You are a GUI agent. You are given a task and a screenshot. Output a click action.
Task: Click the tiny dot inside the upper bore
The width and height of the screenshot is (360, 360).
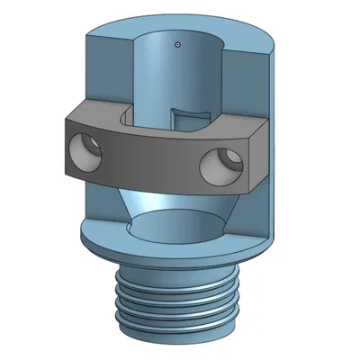pos(178,42)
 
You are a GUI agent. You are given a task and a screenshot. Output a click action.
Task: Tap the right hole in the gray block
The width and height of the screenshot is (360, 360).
pos(220,165)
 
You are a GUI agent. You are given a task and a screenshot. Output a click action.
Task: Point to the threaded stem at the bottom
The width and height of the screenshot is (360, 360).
pos(179,297)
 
